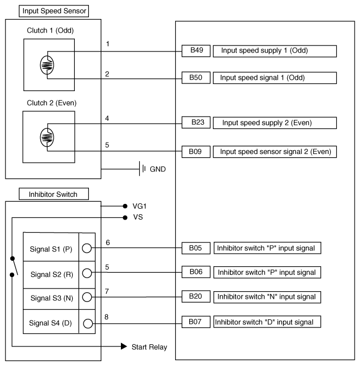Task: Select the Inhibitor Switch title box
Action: click(48, 194)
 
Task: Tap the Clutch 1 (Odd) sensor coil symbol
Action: click(47, 65)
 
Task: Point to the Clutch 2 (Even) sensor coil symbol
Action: click(47, 137)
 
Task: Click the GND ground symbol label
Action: click(157, 169)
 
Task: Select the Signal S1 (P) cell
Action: click(51, 248)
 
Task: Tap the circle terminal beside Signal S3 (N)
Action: click(87, 297)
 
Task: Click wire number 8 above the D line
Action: click(108, 316)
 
